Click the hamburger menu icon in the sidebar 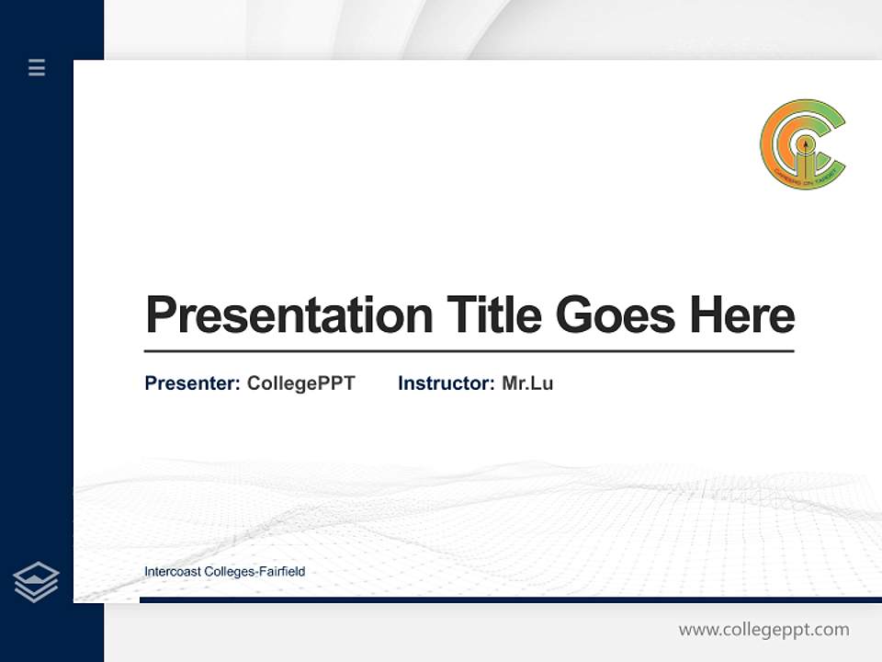pos(37,67)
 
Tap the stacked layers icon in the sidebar pos(36,582)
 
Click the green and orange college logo pos(803,144)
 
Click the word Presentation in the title pos(288,315)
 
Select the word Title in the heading pos(493,314)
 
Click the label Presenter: pos(192,383)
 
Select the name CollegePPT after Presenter pos(300,383)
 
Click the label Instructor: pos(446,383)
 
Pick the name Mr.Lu pos(527,383)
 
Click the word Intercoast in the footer pos(173,572)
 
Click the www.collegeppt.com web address pos(763,630)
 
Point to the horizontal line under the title pos(469,351)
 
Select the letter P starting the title pos(161,315)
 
